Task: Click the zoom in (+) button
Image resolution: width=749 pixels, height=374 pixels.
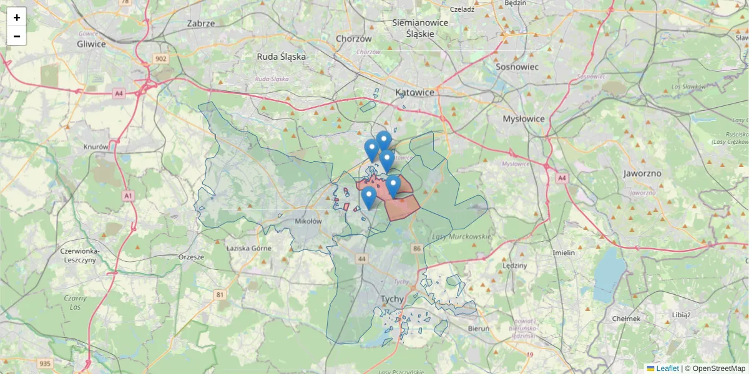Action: pyautogui.click(x=17, y=17)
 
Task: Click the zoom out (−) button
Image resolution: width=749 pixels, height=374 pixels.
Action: pyautogui.click(x=17, y=36)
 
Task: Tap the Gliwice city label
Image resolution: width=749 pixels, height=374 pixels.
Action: pyautogui.click(x=91, y=44)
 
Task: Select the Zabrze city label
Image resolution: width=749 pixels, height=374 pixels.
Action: pyautogui.click(x=201, y=24)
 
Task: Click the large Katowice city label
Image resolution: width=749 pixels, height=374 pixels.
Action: pyautogui.click(x=414, y=92)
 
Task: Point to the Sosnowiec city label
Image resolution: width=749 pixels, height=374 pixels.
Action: pyautogui.click(x=517, y=66)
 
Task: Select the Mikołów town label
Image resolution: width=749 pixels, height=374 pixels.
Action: pyautogui.click(x=308, y=221)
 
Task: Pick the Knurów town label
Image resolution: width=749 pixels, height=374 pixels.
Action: pyautogui.click(x=96, y=147)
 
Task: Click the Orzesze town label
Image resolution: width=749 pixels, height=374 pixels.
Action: pyautogui.click(x=191, y=257)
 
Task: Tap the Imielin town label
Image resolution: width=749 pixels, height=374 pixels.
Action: pyautogui.click(x=564, y=252)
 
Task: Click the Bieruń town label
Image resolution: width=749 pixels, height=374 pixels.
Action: pyautogui.click(x=478, y=328)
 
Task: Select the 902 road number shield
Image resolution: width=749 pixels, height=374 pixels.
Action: pyautogui.click(x=162, y=59)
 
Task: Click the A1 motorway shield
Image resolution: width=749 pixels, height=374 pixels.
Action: pyautogui.click(x=129, y=196)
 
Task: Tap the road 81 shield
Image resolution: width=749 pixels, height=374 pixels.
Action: pyautogui.click(x=220, y=294)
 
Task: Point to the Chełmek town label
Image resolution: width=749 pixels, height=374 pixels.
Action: pyautogui.click(x=627, y=319)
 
